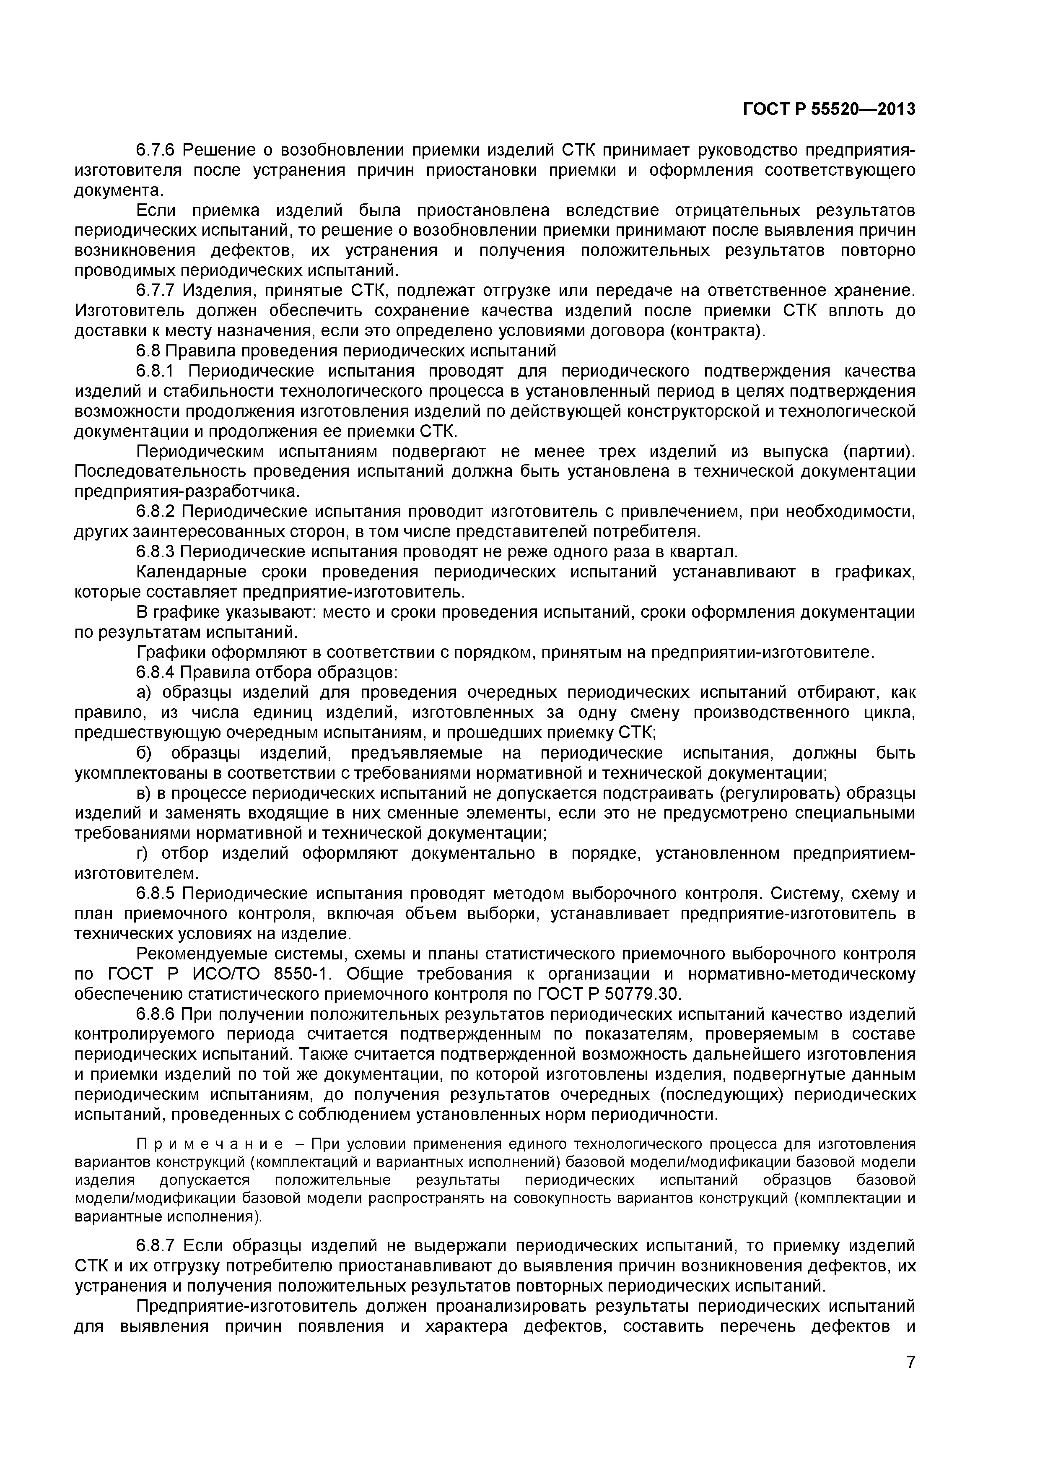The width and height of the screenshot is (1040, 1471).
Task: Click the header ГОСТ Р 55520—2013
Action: click(829, 109)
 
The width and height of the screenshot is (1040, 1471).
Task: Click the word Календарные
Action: click(192, 572)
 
